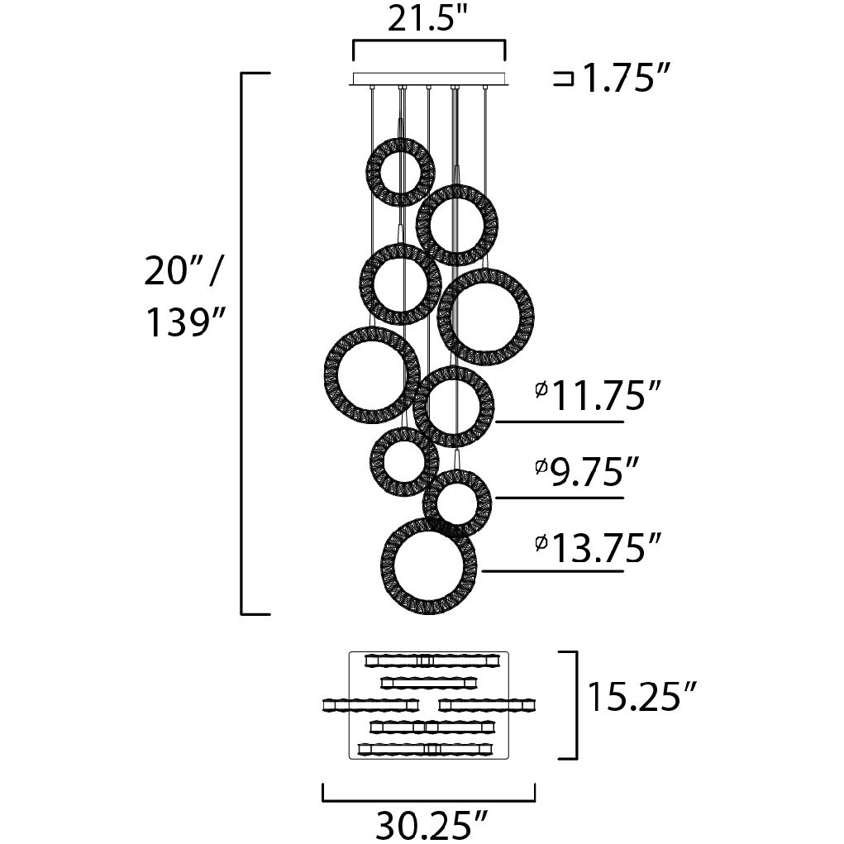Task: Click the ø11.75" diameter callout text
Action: (x=598, y=395)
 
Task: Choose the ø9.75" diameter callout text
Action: (x=587, y=471)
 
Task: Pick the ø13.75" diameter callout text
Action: (x=598, y=547)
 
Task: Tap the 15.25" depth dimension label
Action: (x=642, y=697)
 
